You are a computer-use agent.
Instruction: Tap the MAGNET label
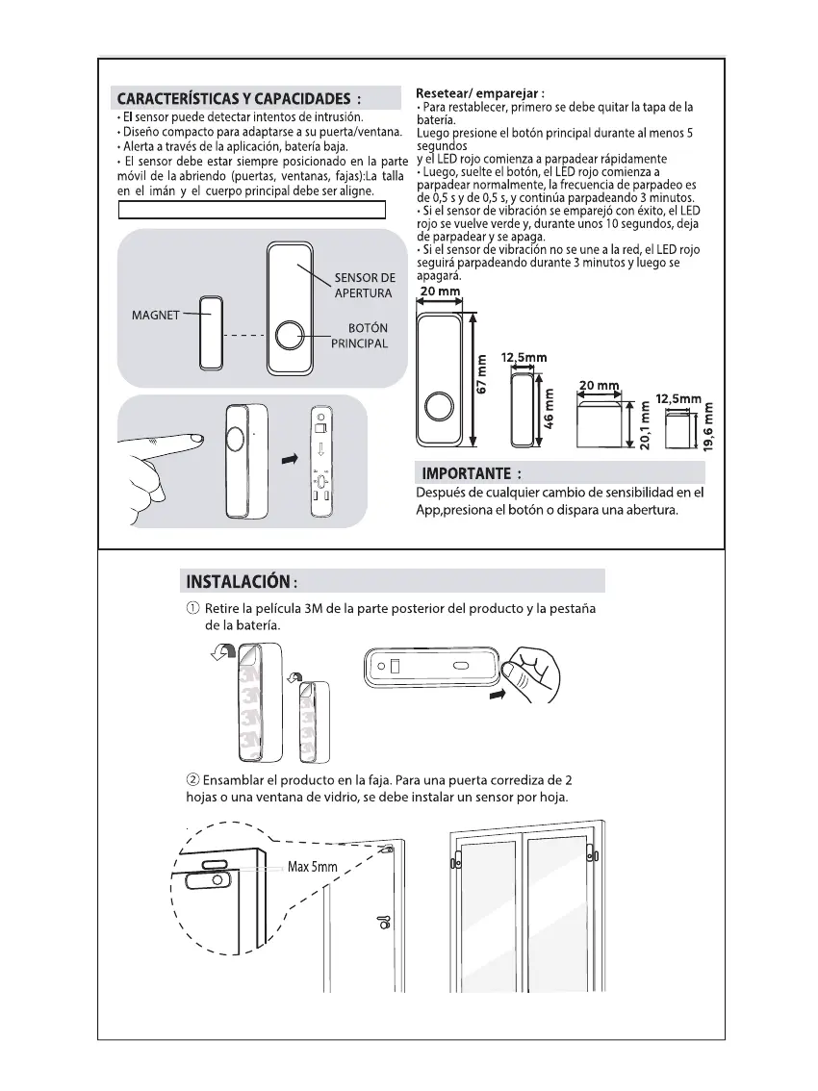point(155,315)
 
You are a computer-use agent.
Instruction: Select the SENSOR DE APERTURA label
point(364,286)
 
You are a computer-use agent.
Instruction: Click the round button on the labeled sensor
point(289,336)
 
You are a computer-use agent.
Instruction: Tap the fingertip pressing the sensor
point(195,439)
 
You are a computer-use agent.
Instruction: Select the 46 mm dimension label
point(550,407)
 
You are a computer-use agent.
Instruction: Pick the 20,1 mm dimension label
point(644,425)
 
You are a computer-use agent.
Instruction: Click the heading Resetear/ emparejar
point(480,93)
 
